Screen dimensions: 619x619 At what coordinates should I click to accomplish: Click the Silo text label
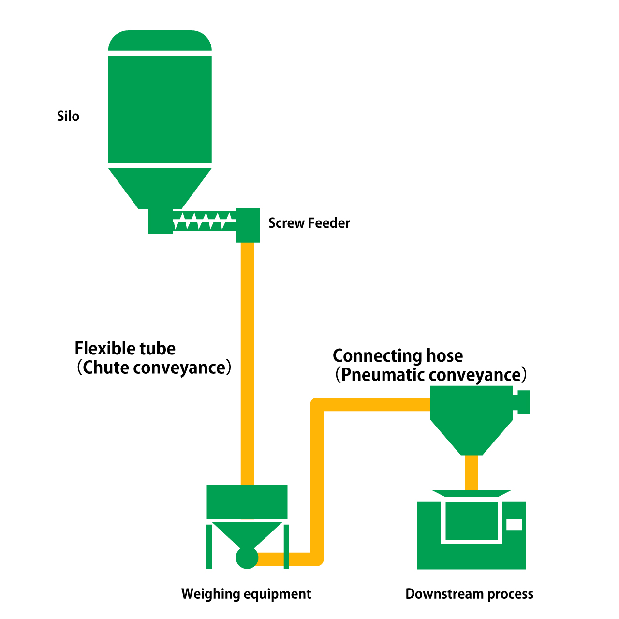tap(68, 117)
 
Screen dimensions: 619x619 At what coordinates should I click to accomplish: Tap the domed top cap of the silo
tap(160, 41)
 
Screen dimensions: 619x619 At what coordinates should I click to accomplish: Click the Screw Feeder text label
tap(309, 223)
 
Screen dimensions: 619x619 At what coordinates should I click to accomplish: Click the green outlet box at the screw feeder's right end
tap(248, 225)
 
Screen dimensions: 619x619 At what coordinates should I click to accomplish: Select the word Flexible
tap(105, 349)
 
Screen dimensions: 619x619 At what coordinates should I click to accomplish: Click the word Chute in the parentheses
tap(106, 368)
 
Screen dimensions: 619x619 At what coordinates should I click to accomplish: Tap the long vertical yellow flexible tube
tap(247, 363)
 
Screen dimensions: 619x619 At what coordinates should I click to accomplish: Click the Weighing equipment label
tap(246, 594)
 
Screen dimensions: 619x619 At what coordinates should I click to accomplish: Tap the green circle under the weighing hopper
tap(247, 558)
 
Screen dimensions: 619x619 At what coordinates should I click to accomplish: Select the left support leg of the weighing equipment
tap(209, 546)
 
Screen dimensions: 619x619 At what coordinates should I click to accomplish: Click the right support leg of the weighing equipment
tap(286, 546)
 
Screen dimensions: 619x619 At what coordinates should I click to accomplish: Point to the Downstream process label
tap(469, 594)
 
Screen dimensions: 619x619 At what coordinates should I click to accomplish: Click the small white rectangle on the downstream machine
tap(514, 524)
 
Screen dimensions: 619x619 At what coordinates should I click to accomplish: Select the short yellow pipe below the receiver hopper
tap(471, 472)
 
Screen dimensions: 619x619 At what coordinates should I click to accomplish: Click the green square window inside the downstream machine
tap(472, 521)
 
